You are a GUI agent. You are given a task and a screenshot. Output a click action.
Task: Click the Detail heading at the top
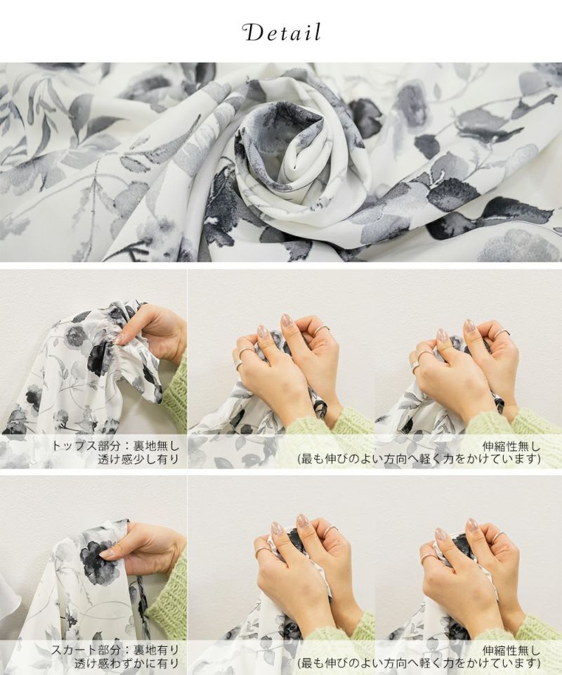(x=282, y=33)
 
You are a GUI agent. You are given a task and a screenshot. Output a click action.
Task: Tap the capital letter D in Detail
(x=253, y=33)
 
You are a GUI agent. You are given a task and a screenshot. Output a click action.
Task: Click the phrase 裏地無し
(x=157, y=446)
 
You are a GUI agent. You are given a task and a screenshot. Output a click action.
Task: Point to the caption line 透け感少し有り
(x=138, y=459)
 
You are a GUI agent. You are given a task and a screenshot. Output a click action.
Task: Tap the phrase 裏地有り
(x=157, y=650)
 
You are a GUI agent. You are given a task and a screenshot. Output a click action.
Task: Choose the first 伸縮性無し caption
(x=511, y=446)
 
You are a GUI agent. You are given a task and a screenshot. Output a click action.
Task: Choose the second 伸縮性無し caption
(x=511, y=650)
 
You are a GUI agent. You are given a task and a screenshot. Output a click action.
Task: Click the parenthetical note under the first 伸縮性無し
(x=419, y=459)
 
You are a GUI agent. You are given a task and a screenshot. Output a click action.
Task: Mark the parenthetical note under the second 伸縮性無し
(x=419, y=664)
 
